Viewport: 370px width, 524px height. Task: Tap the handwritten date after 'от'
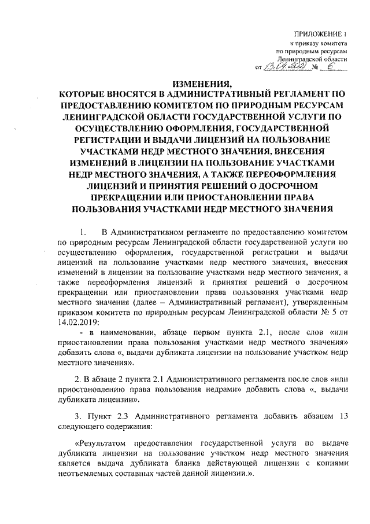coord(284,68)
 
